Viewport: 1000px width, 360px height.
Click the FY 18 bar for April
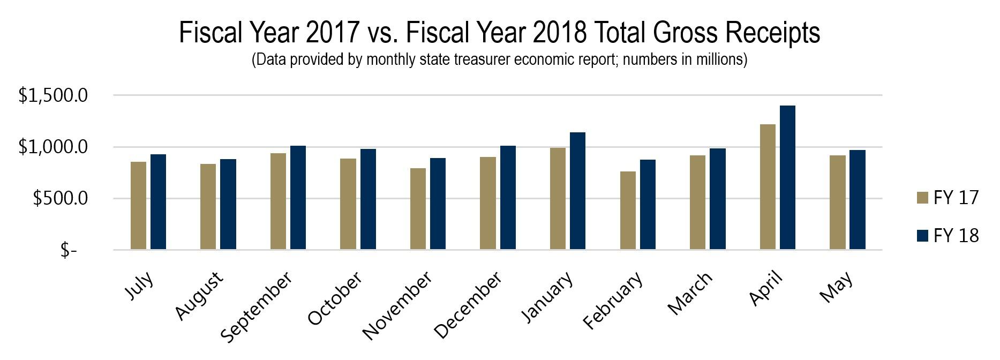[x=787, y=178]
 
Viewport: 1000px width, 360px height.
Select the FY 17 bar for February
[x=628, y=211]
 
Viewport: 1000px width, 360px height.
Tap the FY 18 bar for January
[x=577, y=191]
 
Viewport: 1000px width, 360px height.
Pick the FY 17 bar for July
[x=139, y=206]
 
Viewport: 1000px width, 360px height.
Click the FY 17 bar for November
[x=418, y=209]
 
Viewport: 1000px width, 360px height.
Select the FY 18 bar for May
[x=858, y=200]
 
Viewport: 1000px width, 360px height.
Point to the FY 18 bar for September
[x=298, y=198]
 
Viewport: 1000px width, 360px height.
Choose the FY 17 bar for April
[x=768, y=187]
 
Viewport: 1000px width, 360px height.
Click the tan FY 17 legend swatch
[x=922, y=198]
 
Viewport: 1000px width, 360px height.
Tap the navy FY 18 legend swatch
[x=922, y=236]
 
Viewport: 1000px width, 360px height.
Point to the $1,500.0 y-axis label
[x=53, y=96]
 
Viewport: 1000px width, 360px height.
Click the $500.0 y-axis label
[x=60, y=199]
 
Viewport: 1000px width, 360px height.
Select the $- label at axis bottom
[x=69, y=250]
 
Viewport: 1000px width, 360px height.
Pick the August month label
[x=199, y=295]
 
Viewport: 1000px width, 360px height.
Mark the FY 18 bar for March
[x=718, y=199]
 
